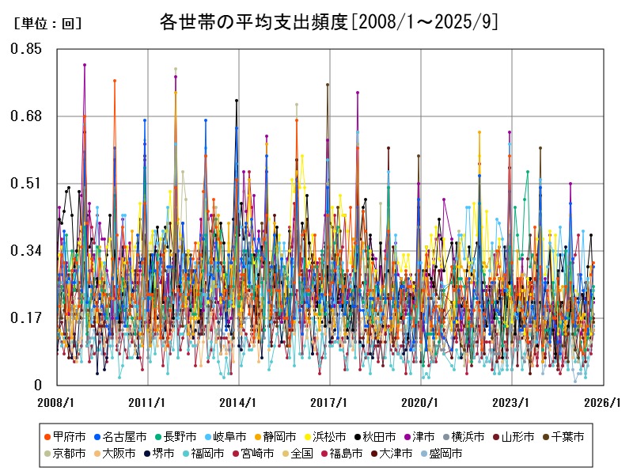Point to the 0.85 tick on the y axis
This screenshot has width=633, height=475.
(26, 49)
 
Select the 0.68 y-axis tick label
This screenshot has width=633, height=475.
(26, 116)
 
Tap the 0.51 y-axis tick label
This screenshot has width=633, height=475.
(26, 184)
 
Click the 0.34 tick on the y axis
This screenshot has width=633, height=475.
(26, 251)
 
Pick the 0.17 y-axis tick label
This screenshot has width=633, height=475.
(26, 318)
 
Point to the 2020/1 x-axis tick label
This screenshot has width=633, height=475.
(421, 402)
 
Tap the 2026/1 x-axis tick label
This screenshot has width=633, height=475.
(603, 402)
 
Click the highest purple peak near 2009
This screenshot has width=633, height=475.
(85, 65)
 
